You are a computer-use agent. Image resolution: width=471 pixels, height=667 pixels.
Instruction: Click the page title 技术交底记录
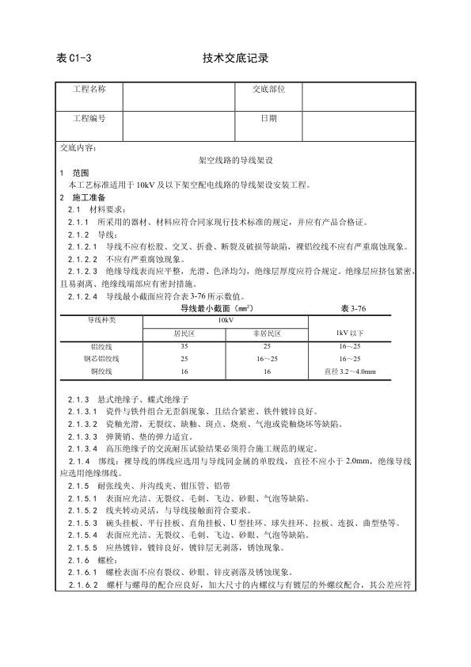pyautogui.click(x=235, y=58)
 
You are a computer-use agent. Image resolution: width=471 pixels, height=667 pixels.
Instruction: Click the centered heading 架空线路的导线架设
pyautogui.click(x=235, y=159)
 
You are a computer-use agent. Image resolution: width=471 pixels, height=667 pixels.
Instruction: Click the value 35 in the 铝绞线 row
pyautogui.click(x=184, y=347)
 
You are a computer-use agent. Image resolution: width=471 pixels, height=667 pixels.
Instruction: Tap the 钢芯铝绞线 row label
pyautogui.click(x=101, y=359)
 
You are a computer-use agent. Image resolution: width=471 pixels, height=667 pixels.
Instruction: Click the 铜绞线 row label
pyautogui.click(x=101, y=371)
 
